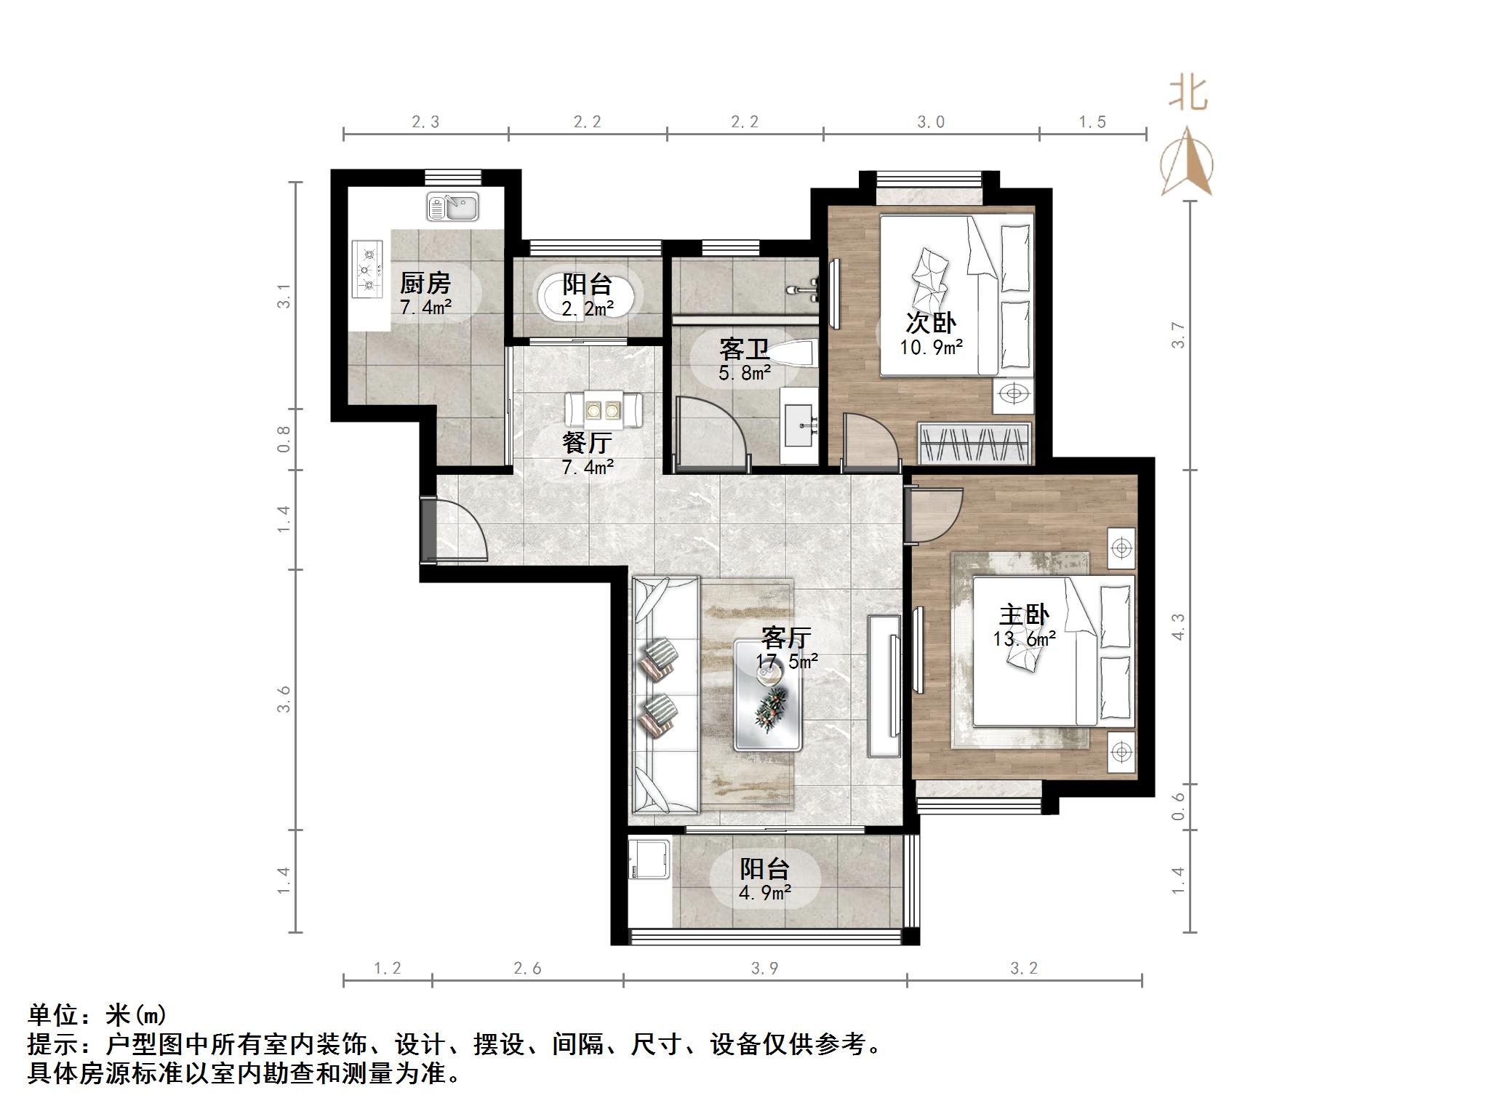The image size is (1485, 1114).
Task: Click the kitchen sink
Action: [452, 207]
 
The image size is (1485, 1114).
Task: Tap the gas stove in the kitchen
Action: [367, 269]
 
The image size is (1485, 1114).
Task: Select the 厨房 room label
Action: [425, 283]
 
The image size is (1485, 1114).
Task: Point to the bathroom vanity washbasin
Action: [800, 425]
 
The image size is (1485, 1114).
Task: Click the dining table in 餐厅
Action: [603, 409]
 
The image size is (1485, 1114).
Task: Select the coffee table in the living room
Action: [768, 695]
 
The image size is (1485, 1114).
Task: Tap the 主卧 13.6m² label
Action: [1024, 626]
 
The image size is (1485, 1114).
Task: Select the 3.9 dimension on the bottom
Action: [765, 969]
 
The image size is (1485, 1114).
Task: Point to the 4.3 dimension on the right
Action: [1178, 627]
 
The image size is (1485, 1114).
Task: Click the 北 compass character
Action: [1188, 93]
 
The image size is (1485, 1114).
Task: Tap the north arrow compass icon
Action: [1186, 163]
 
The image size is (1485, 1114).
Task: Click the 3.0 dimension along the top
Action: [931, 122]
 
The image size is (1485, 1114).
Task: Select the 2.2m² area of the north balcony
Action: [588, 309]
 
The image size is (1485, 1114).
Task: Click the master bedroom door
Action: [934, 514]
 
